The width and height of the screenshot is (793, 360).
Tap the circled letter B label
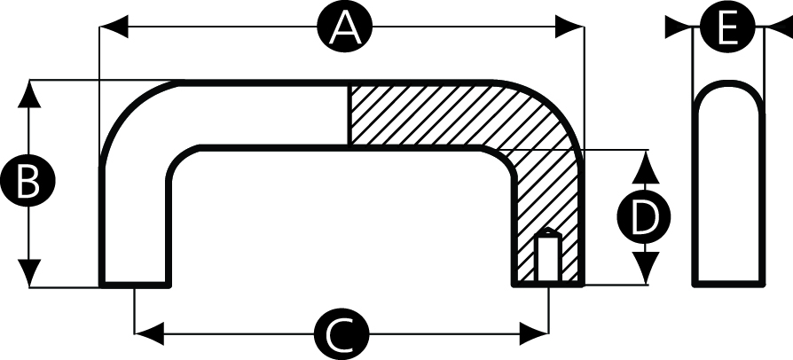point(28,183)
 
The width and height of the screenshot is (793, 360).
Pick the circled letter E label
point(726,29)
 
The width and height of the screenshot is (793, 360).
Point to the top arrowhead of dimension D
point(646,164)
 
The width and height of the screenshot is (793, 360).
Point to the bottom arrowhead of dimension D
point(646,270)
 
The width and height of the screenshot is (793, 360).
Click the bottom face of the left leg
point(134,286)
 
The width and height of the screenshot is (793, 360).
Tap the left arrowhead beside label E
point(679,29)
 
